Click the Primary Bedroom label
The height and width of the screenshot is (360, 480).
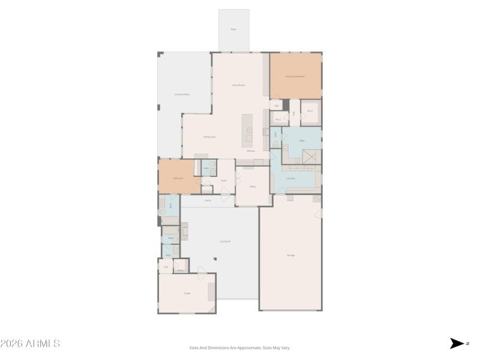coord(295,76)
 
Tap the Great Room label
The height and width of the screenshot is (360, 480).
coord(238,85)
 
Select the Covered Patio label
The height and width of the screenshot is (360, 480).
coord(182,94)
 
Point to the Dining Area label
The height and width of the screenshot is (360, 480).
coord(209,137)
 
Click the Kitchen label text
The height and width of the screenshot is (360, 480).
coord(251,151)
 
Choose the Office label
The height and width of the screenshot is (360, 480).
coord(253,187)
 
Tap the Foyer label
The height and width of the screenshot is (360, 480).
coord(223,180)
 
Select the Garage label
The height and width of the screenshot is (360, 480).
coord(290,255)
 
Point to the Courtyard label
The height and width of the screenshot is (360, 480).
coord(225,241)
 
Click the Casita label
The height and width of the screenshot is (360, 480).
coord(187,293)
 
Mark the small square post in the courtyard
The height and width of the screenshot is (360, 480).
coord(215,259)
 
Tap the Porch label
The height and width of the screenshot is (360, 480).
coord(208,200)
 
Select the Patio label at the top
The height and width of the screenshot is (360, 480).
coord(233,29)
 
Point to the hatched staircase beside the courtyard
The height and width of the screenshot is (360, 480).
coord(184,230)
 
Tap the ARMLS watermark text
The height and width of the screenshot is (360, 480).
coord(30,344)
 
